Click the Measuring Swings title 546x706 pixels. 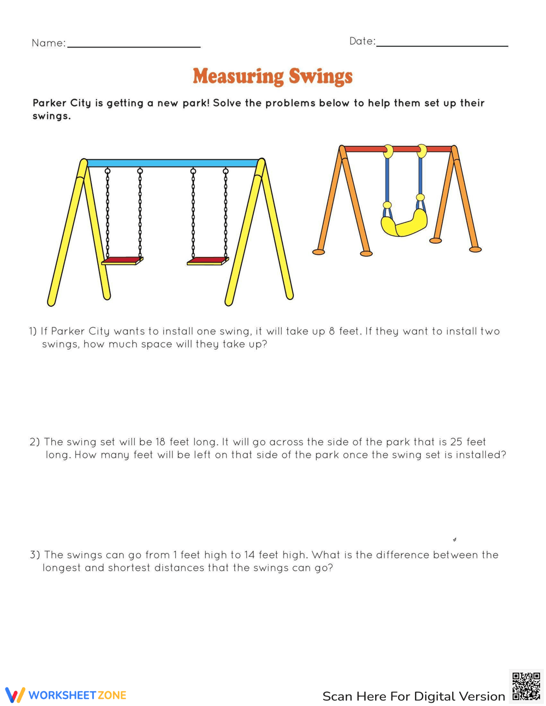tap(272, 76)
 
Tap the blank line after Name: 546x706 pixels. tap(134, 46)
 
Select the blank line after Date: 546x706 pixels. tap(442, 45)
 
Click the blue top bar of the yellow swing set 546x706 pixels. tap(172, 163)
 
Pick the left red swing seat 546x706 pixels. tap(122, 261)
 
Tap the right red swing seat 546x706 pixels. tap(207, 261)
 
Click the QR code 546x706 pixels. tap(526, 686)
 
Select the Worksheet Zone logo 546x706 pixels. tap(66, 695)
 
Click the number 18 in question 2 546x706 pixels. tap(160, 442)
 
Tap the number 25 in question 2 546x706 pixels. tap(456, 442)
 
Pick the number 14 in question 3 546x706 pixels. tap(250, 555)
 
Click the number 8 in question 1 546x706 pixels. tap(332, 331)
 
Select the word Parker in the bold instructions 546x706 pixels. tap(49, 103)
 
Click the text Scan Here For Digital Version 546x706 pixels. tap(413, 696)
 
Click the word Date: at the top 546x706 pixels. tap(362, 41)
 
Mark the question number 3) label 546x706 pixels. tap(35, 555)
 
